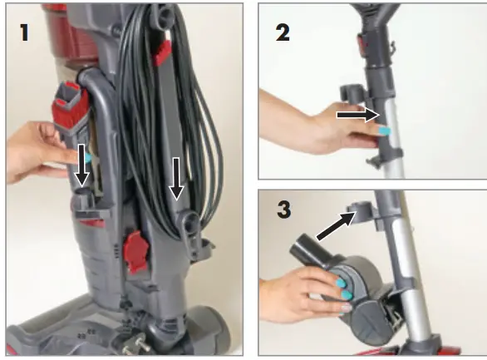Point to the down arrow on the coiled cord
click(176, 180)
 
